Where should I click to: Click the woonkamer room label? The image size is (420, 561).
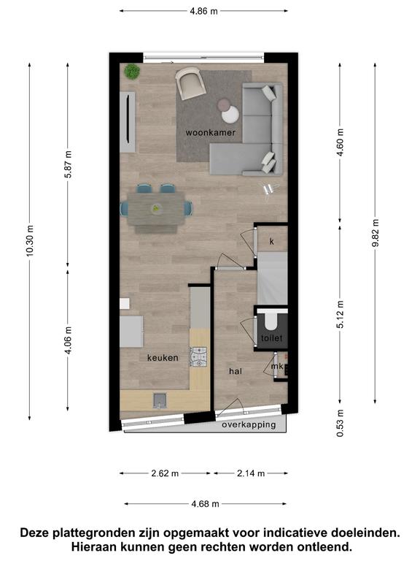point(210,133)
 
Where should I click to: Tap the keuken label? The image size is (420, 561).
point(163,358)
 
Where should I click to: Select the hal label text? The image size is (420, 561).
point(236,371)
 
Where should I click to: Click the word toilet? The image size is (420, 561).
point(272,337)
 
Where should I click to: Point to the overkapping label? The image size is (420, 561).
point(249,424)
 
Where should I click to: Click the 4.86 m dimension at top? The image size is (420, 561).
point(203,11)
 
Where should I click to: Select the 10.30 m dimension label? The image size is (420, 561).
point(30,240)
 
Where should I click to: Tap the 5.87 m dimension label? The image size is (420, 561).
point(69,164)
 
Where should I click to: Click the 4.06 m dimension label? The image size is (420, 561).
point(69,340)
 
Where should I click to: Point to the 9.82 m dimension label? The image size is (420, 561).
point(376,233)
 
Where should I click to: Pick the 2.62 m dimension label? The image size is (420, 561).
point(165,473)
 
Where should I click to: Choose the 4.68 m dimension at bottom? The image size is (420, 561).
point(206,504)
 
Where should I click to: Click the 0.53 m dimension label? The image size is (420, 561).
point(340,423)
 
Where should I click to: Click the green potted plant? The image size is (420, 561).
point(132,72)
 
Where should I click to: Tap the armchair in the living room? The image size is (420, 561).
point(190,83)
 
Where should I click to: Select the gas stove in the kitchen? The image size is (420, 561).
point(199,357)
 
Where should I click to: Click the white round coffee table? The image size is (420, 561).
point(230,115)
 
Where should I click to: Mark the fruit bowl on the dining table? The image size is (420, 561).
point(156,209)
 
